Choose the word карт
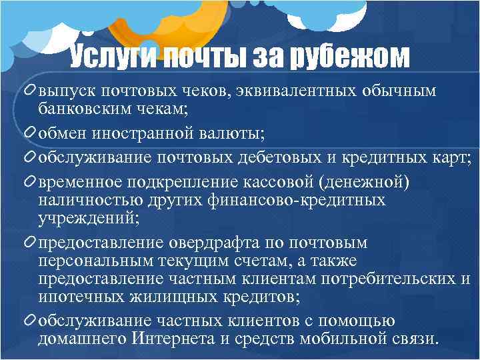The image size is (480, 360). (450, 158)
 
